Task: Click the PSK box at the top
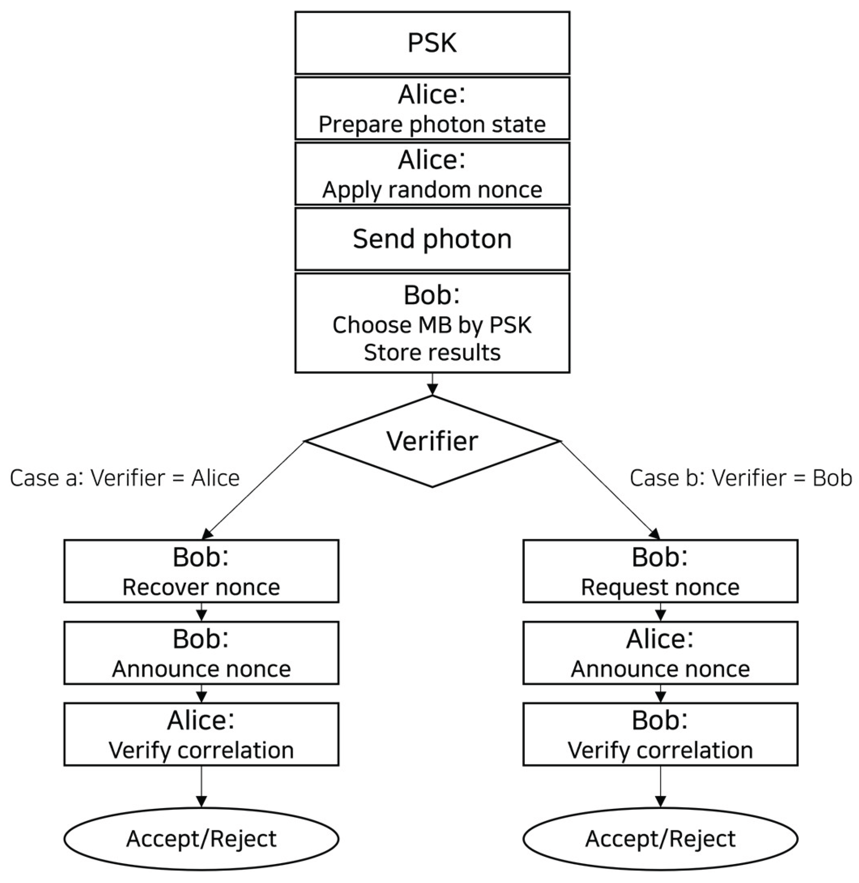(x=432, y=43)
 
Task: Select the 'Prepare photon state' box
(x=432, y=108)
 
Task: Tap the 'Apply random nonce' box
(x=432, y=174)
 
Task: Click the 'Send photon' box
(x=432, y=239)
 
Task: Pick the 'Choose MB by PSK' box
(x=432, y=323)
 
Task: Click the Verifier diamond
(x=432, y=441)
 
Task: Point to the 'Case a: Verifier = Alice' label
(x=124, y=478)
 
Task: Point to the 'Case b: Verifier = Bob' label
(x=741, y=478)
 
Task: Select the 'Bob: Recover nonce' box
(x=201, y=571)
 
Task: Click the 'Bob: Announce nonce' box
(x=201, y=653)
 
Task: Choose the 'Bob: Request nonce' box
(x=660, y=571)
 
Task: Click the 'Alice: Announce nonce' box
(x=660, y=653)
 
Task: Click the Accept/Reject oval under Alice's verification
(x=201, y=838)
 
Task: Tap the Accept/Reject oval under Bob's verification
(x=660, y=838)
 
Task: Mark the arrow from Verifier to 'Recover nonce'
(x=253, y=491)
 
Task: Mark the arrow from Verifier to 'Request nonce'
(x=610, y=491)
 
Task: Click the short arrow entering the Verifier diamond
(x=432, y=384)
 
